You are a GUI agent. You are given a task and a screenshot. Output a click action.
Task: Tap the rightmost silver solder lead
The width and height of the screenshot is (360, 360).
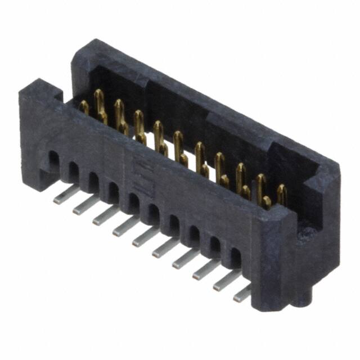pos(242,292)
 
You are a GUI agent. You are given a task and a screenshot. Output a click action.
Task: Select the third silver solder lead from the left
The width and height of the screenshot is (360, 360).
pos(105,215)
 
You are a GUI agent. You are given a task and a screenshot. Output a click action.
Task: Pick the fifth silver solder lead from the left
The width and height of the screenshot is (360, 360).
pos(145,237)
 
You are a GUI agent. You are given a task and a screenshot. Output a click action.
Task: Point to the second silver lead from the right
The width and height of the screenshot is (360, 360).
pos(225,280)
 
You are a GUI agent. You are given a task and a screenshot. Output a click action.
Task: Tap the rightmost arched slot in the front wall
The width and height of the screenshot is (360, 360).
pos(235,258)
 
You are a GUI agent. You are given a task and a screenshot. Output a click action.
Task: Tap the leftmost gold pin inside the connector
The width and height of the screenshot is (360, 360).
pos(84,107)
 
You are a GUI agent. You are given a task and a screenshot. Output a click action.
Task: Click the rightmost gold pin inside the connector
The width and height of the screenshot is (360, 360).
pos(281,195)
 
